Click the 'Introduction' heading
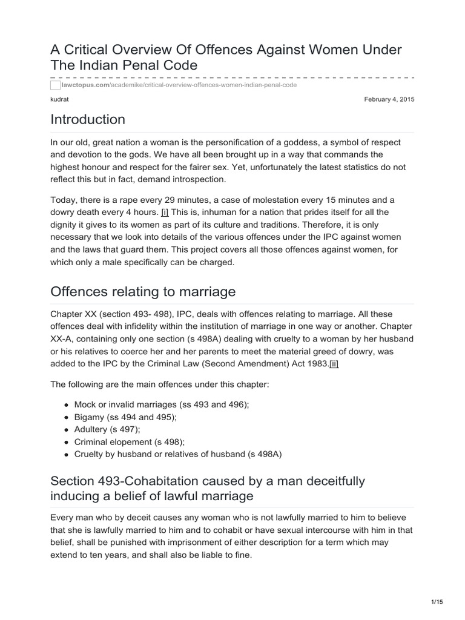pyautogui.click(x=88, y=119)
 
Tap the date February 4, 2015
pyautogui.click(x=389, y=99)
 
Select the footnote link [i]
pyautogui.click(x=165, y=212)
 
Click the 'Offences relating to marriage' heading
pyautogui.click(x=143, y=292)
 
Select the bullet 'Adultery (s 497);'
pyautogui.click(x=107, y=429)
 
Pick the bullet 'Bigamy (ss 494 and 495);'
pyautogui.click(x=125, y=417)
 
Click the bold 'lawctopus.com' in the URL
pyautogui.click(x=85, y=85)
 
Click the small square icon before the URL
pyautogui.click(x=56, y=85)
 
